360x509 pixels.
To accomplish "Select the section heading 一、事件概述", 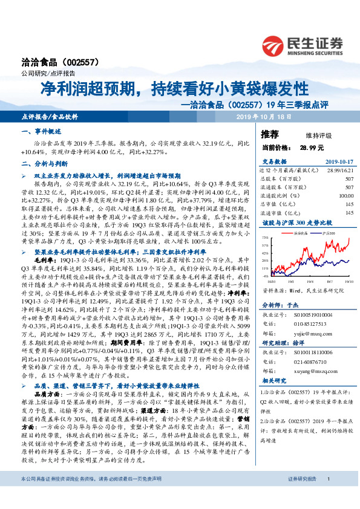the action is pos(37,131).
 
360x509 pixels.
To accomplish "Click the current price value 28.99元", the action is pos(311,147).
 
